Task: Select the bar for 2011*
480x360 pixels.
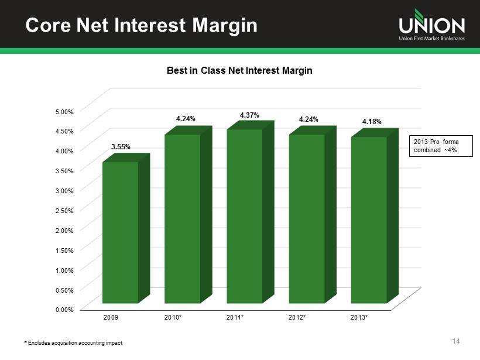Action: tap(245, 216)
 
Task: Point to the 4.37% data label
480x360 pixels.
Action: tap(250, 115)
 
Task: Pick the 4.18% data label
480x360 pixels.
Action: tap(372, 122)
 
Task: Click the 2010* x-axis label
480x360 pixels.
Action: tap(173, 317)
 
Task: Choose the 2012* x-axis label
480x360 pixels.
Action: tap(298, 317)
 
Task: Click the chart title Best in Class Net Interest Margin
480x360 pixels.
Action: tap(240, 70)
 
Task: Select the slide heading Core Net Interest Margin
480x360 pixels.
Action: tap(134, 25)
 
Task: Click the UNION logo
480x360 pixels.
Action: tap(431, 26)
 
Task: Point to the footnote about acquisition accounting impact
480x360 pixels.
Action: tap(73, 342)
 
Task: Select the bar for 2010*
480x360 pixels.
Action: tap(183, 219)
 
